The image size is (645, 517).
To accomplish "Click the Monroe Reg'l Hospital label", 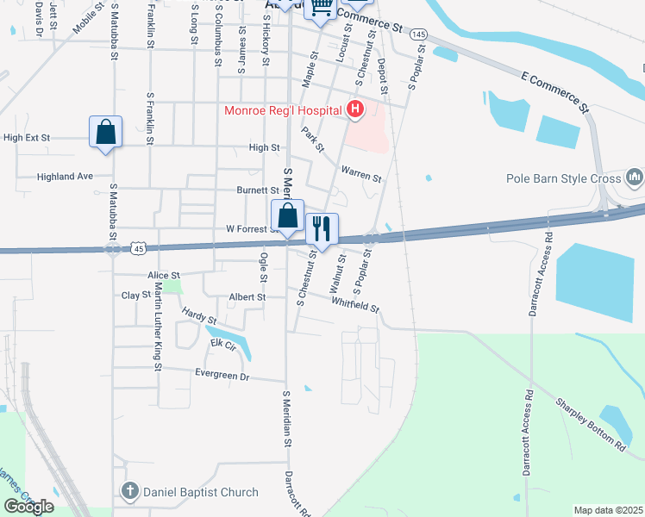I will click(x=283, y=109).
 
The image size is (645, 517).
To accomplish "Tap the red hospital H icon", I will click(x=354, y=109).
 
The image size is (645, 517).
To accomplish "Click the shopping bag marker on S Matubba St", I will click(x=105, y=133).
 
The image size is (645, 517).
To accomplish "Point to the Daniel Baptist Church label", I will click(x=200, y=492).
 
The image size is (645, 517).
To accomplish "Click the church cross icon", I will click(x=129, y=492).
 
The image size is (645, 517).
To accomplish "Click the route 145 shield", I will click(x=418, y=34).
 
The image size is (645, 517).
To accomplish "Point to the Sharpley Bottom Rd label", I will click(x=591, y=425).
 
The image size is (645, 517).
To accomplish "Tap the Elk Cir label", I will click(x=222, y=345).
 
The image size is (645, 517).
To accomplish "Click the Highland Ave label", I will click(x=65, y=177).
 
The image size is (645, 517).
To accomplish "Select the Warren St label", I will click(x=361, y=173).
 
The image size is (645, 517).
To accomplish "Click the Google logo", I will click(x=28, y=506).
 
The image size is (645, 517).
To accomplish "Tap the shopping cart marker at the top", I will click(x=321, y=9).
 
